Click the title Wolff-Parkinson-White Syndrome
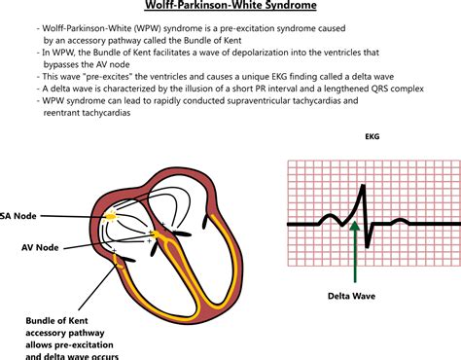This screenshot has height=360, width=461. tap(230, 8)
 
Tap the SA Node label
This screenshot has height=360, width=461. tap(18, 215)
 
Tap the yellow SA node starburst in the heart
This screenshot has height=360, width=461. tap(113, 214)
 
